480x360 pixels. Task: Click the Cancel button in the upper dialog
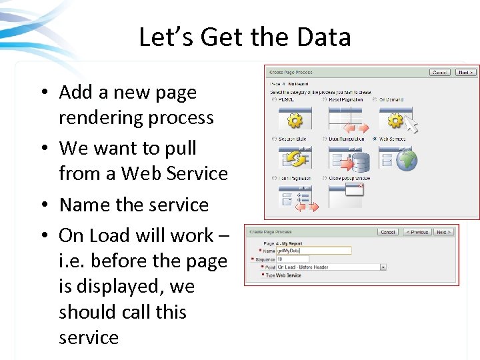[x=439, y=72]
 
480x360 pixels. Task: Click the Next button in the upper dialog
[x=465, y=72]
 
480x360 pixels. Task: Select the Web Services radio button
[x=375, y=139]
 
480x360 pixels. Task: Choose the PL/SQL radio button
[x=274, y=100]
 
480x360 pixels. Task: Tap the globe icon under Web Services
[x=406, y=160]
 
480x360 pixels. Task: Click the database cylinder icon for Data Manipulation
[x=360, y=162]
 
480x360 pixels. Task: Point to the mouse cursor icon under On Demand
[x=412, y=125]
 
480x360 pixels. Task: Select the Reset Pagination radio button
[x=325, y=100]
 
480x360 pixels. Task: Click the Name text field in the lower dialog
[x=313, y=251]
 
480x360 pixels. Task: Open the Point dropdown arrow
[x=383, y=267]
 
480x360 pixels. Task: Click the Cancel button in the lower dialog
[x=387, y=232]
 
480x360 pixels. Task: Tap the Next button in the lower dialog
[x=443, y=232]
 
